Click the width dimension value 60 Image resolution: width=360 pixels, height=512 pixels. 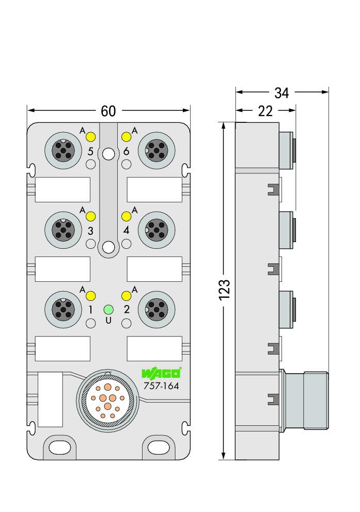tap(108, 111)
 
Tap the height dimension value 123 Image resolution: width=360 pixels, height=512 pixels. tap(225, 290)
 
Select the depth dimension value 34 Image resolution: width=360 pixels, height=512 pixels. tap(281, 93)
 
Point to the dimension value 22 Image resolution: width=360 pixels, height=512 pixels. tap(265, 111)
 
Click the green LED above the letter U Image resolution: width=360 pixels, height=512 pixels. tap(108, 309)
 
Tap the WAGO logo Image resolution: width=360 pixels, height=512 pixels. tap(162, 373)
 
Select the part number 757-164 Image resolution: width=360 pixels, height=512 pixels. tap(161, 386)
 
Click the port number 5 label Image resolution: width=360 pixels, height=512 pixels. tap(90, 152)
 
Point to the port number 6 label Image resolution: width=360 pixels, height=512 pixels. tap(127, 151)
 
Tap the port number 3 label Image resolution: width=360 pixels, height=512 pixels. tap(90, 231)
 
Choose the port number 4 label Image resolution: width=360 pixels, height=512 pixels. tap(127, 230)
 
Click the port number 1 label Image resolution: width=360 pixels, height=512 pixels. tap(90, 310)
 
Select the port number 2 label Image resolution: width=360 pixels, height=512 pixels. tap(127, 309)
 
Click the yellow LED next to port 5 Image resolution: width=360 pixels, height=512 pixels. tap(90, 137)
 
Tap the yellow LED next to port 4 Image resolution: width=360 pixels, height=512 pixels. tap(127, 216)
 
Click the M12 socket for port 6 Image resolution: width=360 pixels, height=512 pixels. tap(156, 151)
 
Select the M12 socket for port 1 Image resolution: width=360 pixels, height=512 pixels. tap(64, 310)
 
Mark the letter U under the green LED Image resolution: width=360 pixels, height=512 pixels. tap(108, 321)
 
